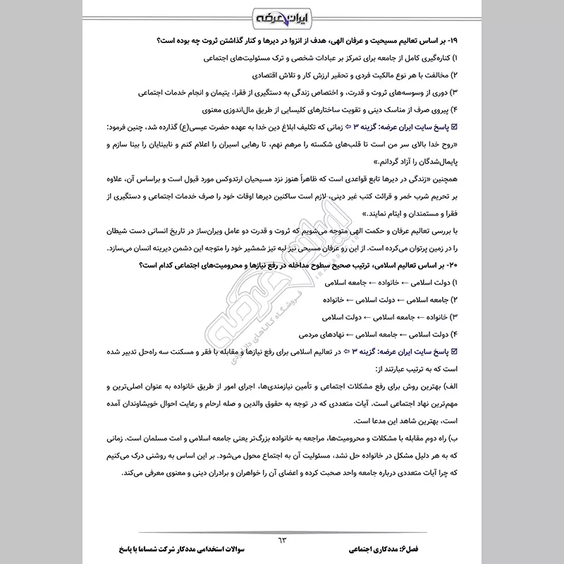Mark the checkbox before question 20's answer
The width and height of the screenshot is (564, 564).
click(x=453, y=350)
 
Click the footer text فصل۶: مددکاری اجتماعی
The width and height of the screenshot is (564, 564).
click(x=398, y=548)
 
